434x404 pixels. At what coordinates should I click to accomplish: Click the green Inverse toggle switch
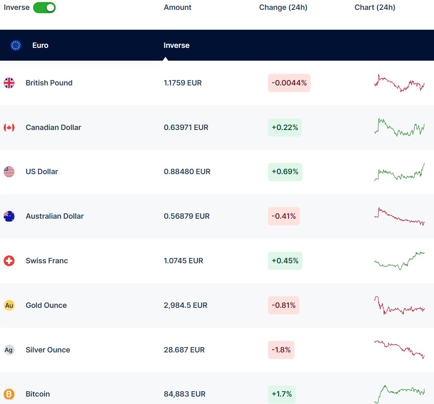(x=44, y=7)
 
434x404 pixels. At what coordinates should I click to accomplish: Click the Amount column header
(x=178, y=7)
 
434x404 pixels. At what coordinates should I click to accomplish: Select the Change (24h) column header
(x=283, y=7)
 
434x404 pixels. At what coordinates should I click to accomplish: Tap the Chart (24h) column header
(x=375, y=7)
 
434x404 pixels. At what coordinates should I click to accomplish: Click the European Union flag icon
(x=16, y=45)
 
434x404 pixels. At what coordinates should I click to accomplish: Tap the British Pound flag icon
(x=9, y=83)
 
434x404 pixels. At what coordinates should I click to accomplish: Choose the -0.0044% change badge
(x=289, y=83)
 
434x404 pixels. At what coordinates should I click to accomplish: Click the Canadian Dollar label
(x=53, y=128)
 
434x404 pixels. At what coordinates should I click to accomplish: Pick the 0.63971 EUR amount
(x=186, y=128)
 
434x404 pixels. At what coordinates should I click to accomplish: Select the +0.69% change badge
(x=285, y=172)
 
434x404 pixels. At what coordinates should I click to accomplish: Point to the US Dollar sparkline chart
(x=399, y=172)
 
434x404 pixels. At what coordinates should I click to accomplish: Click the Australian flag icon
(x=9, y=216)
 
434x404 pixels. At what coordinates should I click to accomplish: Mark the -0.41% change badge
(x=284, y=216)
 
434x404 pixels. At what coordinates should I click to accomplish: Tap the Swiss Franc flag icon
(x=9, y=261)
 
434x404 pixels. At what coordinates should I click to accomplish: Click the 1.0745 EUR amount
(x=183, y=261)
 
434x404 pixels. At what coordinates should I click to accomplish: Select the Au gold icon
(x=9, y=305)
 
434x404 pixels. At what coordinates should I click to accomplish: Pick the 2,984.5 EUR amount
(x=185, y=305)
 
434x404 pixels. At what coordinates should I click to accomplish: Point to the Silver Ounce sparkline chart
(x=399, y=349)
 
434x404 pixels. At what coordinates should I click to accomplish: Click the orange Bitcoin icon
(x=9, y=394)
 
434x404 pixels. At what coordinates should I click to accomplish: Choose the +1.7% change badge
(x=282, y=394)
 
